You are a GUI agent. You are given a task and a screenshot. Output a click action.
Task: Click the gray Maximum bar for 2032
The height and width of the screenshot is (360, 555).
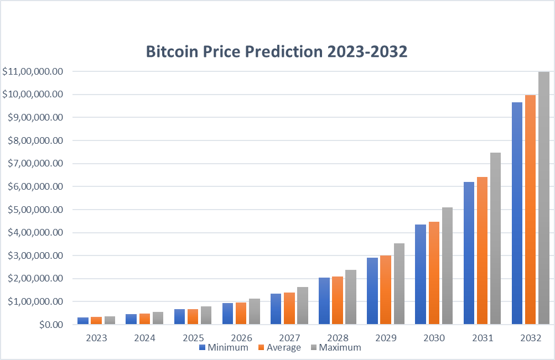[543, 198]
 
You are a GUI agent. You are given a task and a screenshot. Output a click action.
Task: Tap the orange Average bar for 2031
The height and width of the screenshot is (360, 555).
[482, 251]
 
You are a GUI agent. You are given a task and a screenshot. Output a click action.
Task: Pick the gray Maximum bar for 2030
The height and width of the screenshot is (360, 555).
[447, 265]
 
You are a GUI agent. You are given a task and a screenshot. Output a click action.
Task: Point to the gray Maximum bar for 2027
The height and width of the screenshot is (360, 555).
[302, 305]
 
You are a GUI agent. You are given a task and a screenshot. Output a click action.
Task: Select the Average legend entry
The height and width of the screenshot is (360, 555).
[279, 347]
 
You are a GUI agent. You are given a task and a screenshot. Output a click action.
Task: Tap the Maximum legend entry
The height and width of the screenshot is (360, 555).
[335, 347]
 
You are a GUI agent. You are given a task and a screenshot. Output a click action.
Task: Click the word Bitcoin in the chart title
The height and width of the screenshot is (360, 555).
[171, 51]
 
